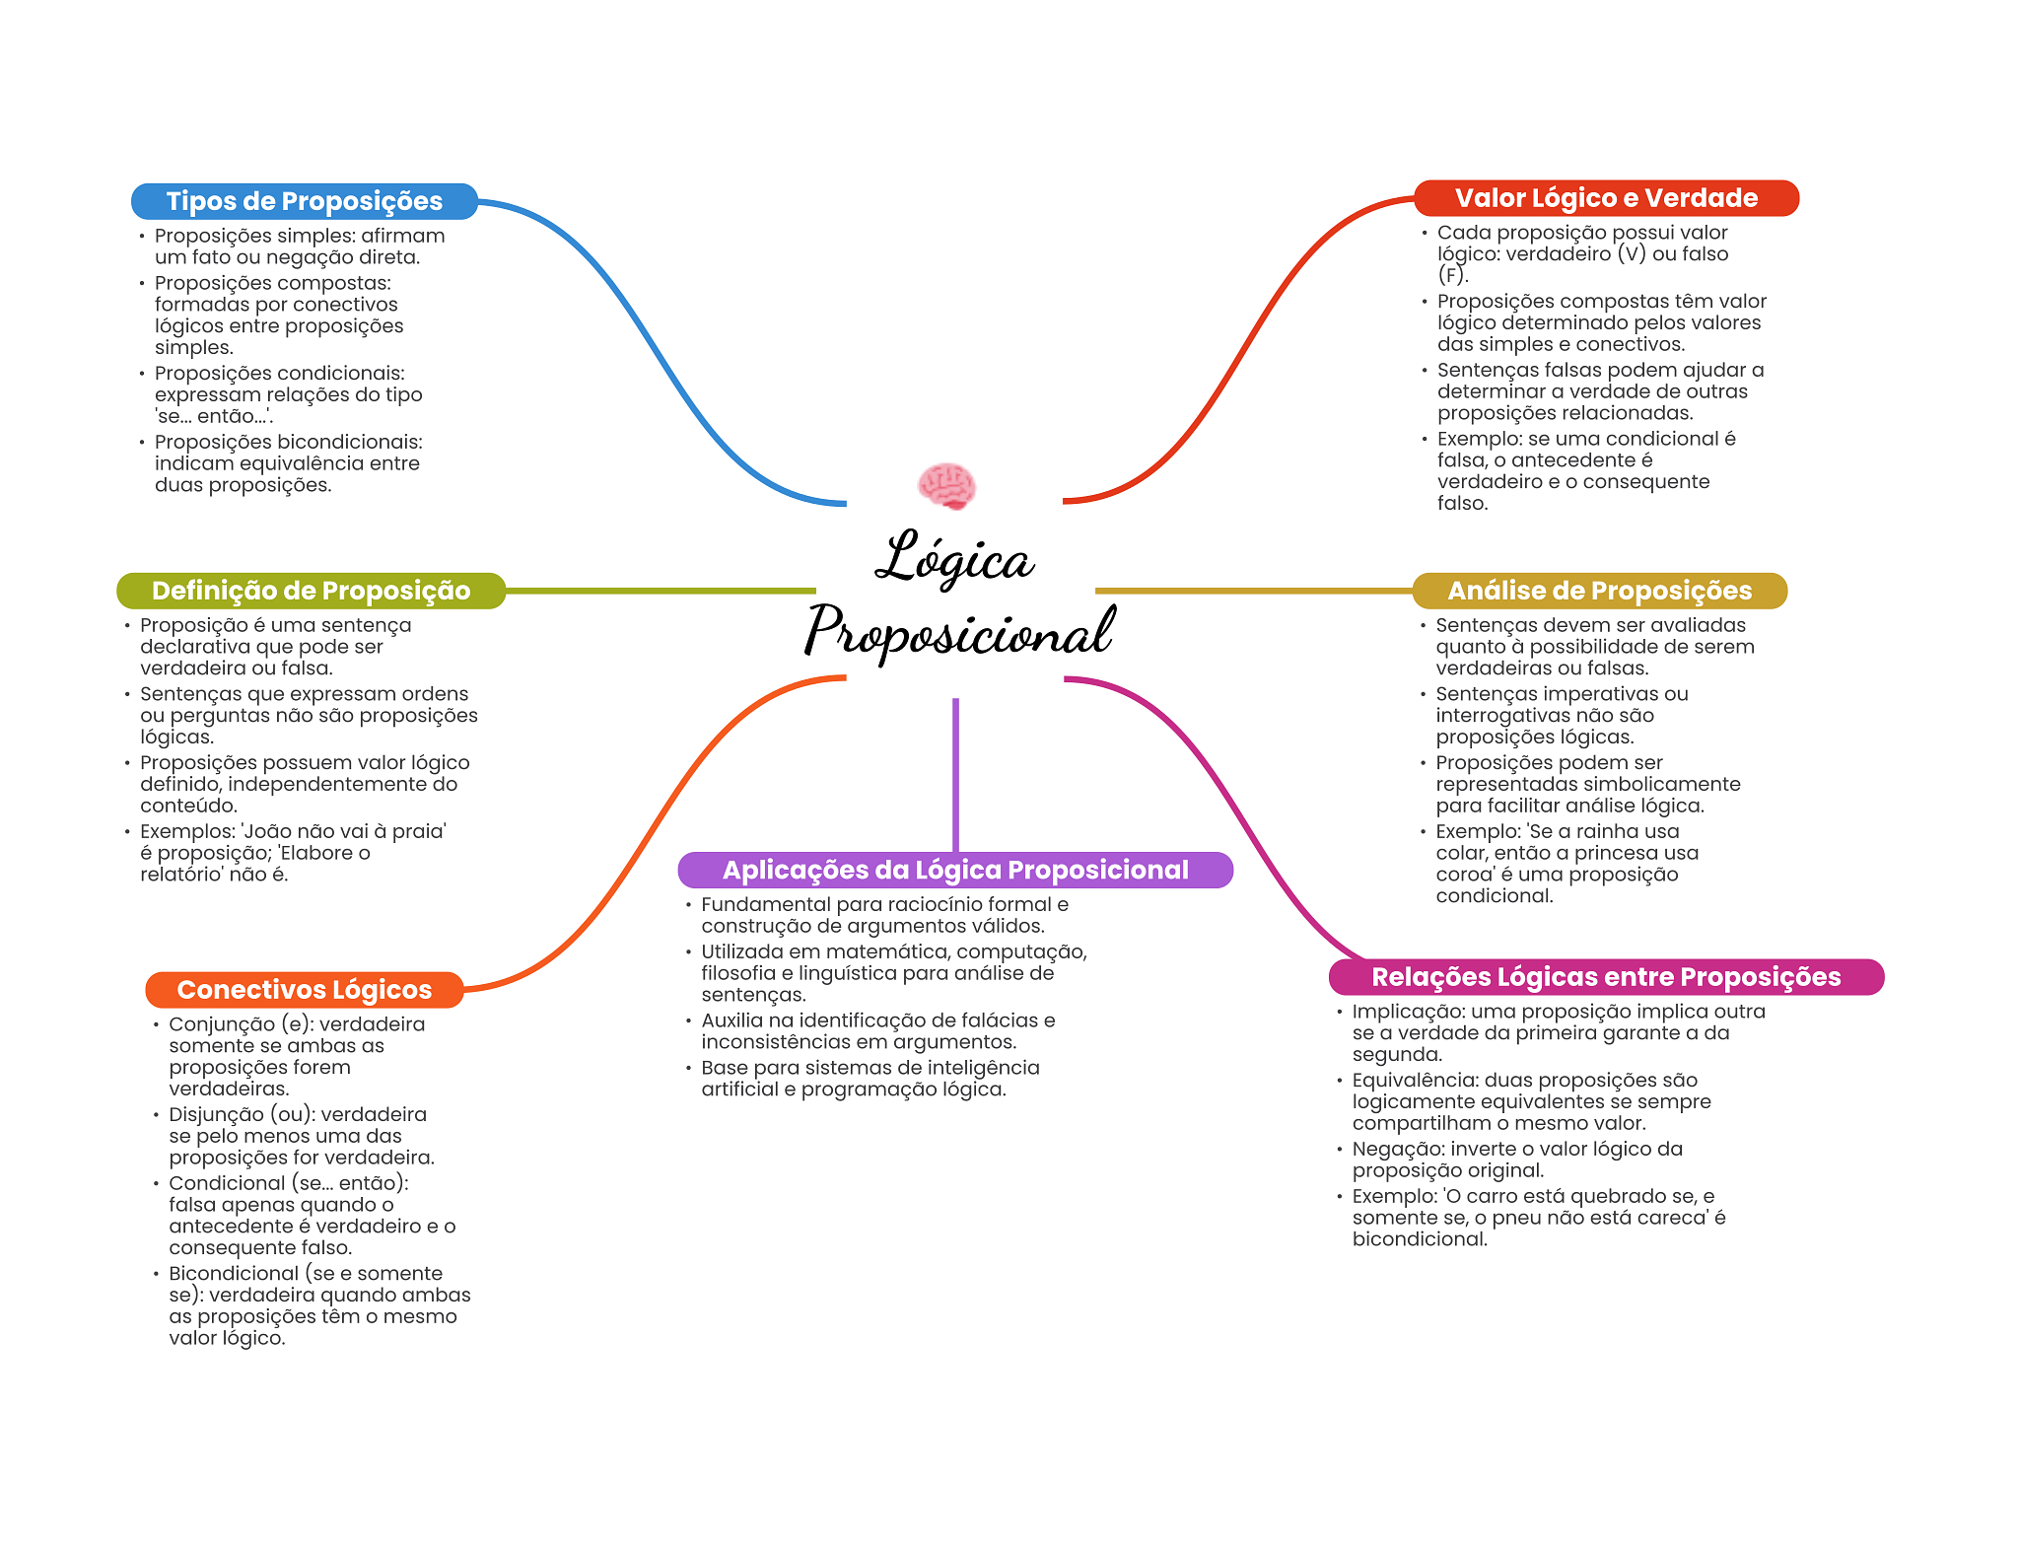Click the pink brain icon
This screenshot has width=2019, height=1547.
pyautogui.click(x=946, y=486)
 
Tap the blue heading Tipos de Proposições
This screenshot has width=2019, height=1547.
pyautogui.click(x=304, y=201)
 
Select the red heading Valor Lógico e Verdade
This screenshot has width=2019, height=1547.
pyautogui.click(x=1606, y=198)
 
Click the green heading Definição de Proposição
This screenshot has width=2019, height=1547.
pyautogui.click(x=311, y=591)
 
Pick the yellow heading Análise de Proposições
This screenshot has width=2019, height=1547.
pyautogui.click(x=1599, y=591)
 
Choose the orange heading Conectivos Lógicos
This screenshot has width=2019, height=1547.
pyautogui.click(x=304, y=990)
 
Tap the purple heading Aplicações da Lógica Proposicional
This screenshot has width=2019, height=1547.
pyautogui.click(x=955, y=870)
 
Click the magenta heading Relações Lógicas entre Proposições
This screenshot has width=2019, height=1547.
pyautogui.click(x=1606, y=977)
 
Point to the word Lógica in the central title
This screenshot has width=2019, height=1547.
pyautogui.click(x=954, y=559)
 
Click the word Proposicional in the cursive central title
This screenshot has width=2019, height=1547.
pyautogui.click(x=960, y=631)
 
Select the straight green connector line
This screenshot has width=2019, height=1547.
pyautogui.click(x=661, y=591)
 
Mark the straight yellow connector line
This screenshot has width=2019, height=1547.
pyautogui.click(x=1253, y=591)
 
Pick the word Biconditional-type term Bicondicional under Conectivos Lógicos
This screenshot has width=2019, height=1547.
pyautogui.click(x=233, y=1273)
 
